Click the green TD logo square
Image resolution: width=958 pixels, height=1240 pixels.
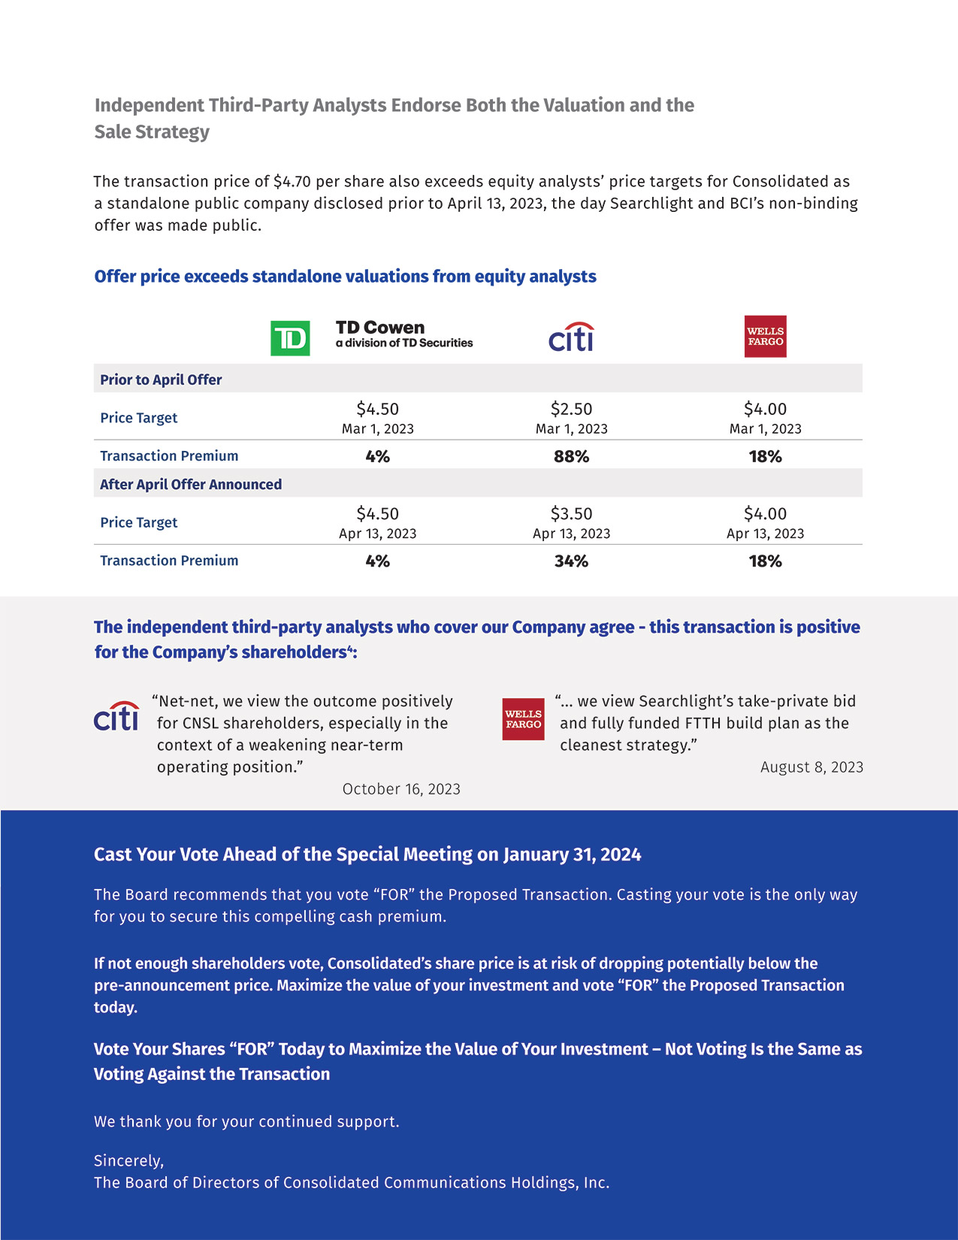(290, 338)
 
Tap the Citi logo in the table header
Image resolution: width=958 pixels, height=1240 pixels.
(571, 338)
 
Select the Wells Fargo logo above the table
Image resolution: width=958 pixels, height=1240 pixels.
(765, 336)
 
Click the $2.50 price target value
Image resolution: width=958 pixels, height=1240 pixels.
(571, 409)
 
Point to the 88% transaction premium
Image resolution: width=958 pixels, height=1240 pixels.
(571, 456)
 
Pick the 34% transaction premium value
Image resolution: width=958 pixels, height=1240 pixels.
(571, 561)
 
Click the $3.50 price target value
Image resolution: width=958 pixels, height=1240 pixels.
(571, 513)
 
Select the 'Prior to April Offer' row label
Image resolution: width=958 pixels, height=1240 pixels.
(161, 380)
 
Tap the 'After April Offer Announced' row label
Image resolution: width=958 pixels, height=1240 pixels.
(191, 484)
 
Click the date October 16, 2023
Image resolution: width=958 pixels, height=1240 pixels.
(401, 788)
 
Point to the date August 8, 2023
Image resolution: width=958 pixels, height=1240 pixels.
(811, 767)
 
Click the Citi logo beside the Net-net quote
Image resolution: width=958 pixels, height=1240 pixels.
(116, 716)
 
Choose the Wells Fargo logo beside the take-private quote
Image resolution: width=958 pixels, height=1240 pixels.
(523, 719)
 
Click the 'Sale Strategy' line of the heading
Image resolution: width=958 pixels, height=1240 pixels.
(152, 132)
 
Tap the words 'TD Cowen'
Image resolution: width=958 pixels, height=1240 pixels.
(380, 327)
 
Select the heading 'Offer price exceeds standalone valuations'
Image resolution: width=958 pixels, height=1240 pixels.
(345, 276)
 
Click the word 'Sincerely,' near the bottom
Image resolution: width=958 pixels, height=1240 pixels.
(128, 1160)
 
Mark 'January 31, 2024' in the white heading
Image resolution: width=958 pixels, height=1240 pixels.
(572, 854)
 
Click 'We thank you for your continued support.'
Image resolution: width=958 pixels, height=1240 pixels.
(246, 1121)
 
